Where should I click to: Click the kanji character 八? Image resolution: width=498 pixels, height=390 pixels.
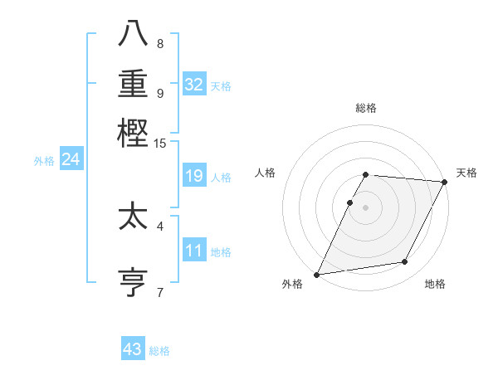click(134, 36)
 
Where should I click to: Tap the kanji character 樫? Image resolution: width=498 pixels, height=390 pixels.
click(134, 134)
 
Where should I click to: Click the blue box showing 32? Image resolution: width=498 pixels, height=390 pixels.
click(194, 84)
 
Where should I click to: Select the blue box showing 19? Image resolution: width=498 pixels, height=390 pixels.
click(194, 176)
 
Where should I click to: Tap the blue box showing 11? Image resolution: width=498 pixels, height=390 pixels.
click(194, 250)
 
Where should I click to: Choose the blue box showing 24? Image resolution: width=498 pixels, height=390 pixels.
click(71, 159)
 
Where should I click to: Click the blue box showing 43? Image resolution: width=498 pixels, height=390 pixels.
click(133, 349)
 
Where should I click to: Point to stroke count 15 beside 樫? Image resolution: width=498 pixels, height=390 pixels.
click(160, 143)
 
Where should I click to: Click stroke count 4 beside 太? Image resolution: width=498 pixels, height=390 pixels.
click(160, 225)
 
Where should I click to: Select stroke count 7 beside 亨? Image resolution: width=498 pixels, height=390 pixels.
click(160, 291)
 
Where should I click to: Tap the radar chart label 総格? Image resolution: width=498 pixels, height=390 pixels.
click(366, 108)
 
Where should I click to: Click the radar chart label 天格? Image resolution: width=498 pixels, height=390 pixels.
click(466, 173)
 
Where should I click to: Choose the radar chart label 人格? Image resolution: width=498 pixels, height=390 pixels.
click(265, 173)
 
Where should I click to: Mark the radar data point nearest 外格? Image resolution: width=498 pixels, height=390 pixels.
click(316, 275)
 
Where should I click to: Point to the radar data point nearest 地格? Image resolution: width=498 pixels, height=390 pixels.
click(405, 262)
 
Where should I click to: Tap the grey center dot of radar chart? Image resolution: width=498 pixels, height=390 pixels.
click(366, 207)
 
